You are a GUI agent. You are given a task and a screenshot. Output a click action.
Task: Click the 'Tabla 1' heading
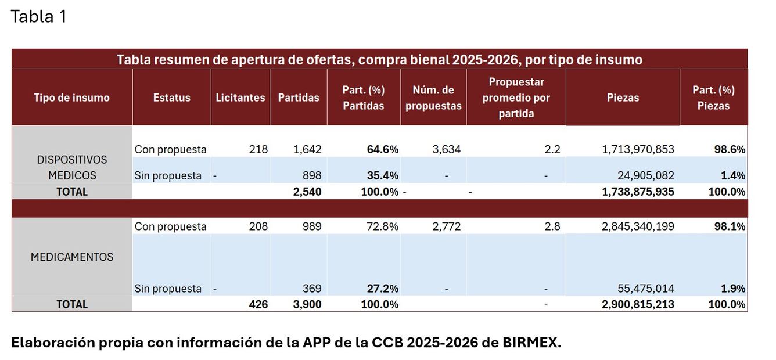coord(38,17)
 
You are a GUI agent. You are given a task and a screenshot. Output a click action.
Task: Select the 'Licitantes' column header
coord(240,98)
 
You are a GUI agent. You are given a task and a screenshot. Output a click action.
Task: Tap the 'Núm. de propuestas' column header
coord(433,98)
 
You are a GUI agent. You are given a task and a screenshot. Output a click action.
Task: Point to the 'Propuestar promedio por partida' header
coord(516,98)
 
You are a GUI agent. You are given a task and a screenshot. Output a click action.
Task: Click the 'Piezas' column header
coord(623,98)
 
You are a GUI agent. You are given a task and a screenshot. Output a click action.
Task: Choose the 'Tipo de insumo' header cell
coord(72,98)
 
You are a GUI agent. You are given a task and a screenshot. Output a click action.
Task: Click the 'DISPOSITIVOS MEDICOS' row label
coord(72,167)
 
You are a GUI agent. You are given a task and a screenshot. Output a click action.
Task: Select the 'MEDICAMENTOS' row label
coord(72,257)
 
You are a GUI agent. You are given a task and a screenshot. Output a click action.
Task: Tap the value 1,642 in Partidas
coord(307,149)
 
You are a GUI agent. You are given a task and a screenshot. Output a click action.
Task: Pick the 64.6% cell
coord(382,149)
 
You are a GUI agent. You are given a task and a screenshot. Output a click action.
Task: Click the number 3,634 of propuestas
coord(446,149)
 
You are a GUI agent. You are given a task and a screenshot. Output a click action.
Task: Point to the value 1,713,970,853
coord(638,149)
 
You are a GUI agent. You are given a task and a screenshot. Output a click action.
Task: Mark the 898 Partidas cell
coord(312,175)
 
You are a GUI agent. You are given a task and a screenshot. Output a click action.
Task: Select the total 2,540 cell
coord(307,192)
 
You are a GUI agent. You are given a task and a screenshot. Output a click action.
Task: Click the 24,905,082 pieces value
coord(644,175)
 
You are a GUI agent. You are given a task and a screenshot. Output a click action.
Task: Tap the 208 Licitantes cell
coord(258,226)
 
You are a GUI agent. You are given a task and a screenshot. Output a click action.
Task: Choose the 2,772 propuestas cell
coord(446,226)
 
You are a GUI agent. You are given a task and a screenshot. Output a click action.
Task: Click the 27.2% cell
coord(382,289)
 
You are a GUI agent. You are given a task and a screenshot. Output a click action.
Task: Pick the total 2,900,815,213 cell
coord(638,304)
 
